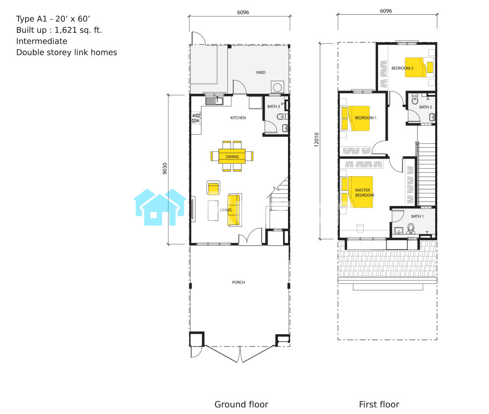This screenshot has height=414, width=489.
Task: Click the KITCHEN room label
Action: (x=238, y=117)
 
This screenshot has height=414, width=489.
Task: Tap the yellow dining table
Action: (x=232, y=156)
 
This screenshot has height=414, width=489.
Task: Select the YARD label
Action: (x=261, y=72)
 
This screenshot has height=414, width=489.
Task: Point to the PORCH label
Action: (x=238, y=282)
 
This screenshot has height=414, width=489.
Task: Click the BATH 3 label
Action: (x=273, y=106)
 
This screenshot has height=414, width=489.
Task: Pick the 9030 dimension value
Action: (x=165, y=168)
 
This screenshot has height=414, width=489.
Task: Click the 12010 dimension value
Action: (x=316, y=139)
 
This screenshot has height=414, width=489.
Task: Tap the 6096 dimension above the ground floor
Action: (x=243, y=12)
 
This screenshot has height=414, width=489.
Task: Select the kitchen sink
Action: (x=214, y=101)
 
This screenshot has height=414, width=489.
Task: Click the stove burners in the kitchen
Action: (x=196, y=118)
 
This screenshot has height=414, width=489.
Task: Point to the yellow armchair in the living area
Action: (x=213, y=188)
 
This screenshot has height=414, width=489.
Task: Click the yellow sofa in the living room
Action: (x=235, y=210)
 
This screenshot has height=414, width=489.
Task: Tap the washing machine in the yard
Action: (x=277, y=87)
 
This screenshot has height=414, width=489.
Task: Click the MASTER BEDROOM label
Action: (x=364, y=192)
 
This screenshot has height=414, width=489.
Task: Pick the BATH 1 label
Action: (x=417, y=216)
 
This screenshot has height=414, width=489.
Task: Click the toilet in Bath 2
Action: (x=415, y=100)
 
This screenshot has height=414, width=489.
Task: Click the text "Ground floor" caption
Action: (x=242, y=404)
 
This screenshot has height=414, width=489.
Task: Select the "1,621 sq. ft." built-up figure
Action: (x=78, y=30)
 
